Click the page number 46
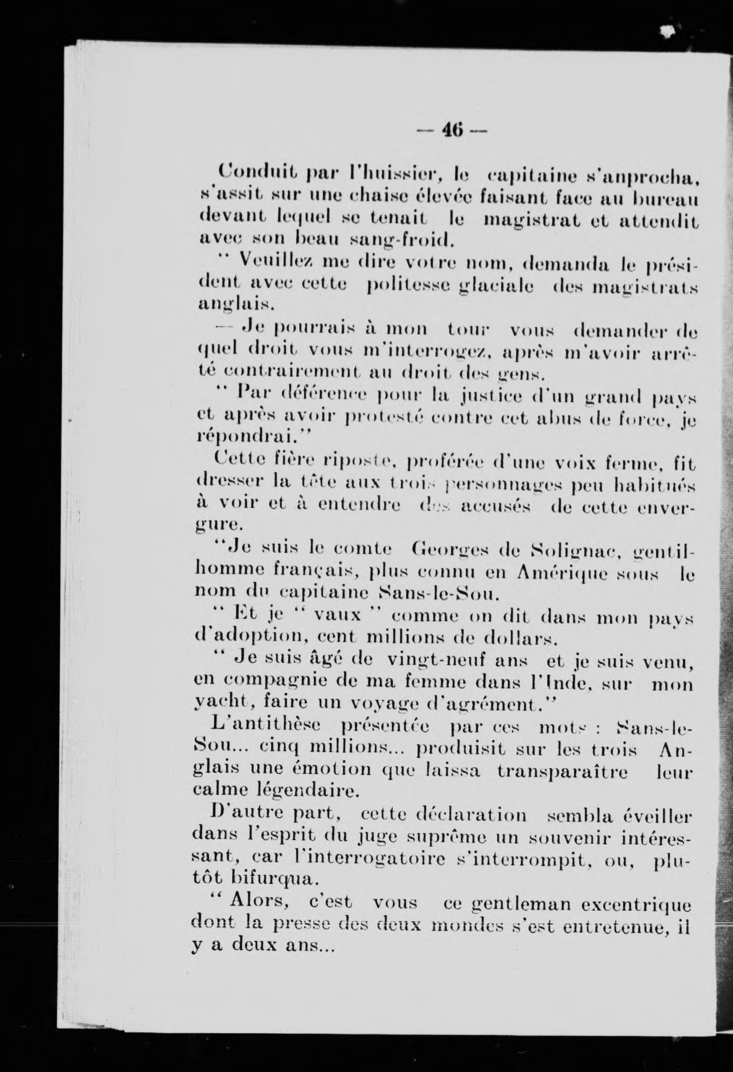pos(452,132)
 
